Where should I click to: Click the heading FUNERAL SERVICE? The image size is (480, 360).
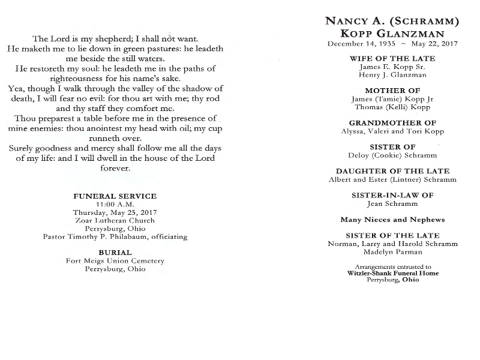pos(115,196)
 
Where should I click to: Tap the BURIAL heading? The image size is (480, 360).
pos(115,253)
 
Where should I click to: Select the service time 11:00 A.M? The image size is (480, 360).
pos(115,205)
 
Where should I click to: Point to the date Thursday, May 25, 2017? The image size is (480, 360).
pos(115,212)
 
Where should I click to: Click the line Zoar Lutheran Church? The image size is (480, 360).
pos(115,220)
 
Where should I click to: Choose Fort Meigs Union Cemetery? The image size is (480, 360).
pos(115,261)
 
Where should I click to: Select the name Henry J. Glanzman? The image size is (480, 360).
pos(392,75)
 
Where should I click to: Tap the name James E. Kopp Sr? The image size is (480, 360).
pos(392,67)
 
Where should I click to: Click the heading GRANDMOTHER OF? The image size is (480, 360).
pos(392,122)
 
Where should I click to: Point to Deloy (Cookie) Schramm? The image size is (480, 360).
pos(392,155)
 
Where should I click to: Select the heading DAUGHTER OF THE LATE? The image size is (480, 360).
pos(392,171)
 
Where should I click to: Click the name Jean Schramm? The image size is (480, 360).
pos(392,203)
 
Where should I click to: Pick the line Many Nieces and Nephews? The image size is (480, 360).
pos(392,220)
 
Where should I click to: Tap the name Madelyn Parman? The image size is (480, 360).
pos(392,252)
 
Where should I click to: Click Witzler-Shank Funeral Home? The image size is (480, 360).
pos(392,273)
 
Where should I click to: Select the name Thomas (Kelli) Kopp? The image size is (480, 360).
pos(392,107)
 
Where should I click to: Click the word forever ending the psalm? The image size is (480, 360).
pos(115,169)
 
